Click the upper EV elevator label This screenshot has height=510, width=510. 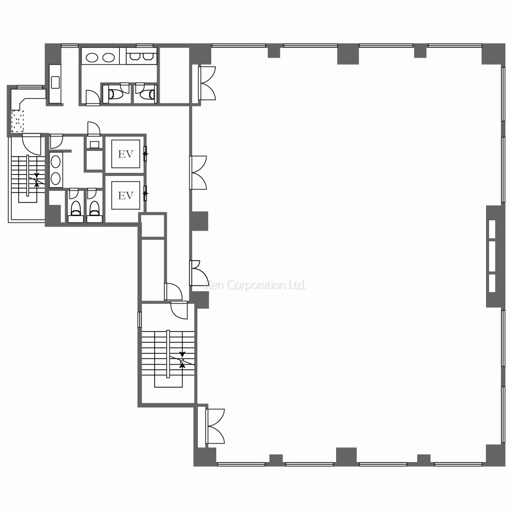point(125,154)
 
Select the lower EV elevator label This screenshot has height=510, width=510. point(125,195)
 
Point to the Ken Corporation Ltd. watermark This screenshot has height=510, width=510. point(256,285)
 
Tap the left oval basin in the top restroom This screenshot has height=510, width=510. point(92,58)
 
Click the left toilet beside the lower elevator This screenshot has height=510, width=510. point(76,209)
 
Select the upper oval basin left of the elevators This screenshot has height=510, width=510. point(56,162)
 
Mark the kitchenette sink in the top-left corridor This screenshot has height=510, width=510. point(55,82)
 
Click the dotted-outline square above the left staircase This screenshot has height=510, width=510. point(17,121)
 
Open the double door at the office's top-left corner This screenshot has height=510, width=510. point(207,83)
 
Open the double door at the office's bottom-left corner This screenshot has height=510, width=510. point(215,426)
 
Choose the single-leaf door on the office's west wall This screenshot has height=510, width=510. point(199,273)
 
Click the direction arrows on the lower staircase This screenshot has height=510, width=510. point(182,360)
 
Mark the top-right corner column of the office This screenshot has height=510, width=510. point(493,54)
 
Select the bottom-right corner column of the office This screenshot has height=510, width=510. point(495,455)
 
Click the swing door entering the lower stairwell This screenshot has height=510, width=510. point(179,311)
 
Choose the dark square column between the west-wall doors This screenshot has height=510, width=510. point(199,221)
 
